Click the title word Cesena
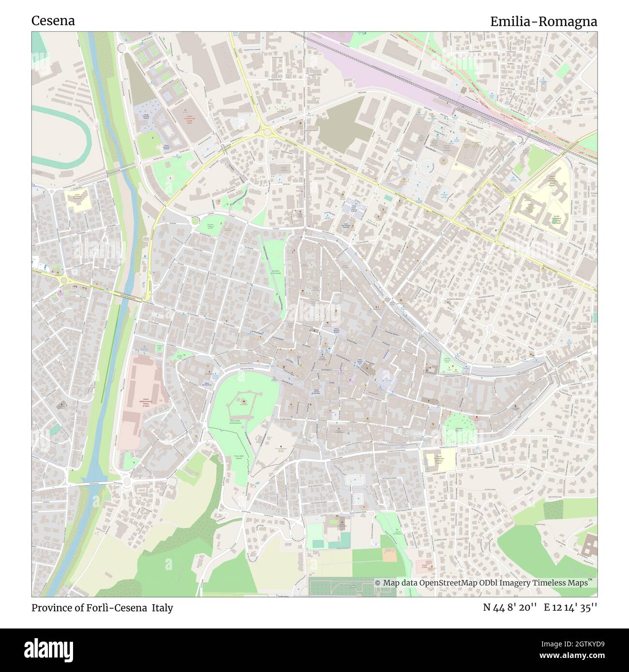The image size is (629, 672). point(53,21)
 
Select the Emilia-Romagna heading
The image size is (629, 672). point(543,22)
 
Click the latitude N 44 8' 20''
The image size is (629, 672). point(510,608)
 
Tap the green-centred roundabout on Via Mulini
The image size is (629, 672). point(195,220)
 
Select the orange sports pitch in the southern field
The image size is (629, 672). point(389,555)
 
